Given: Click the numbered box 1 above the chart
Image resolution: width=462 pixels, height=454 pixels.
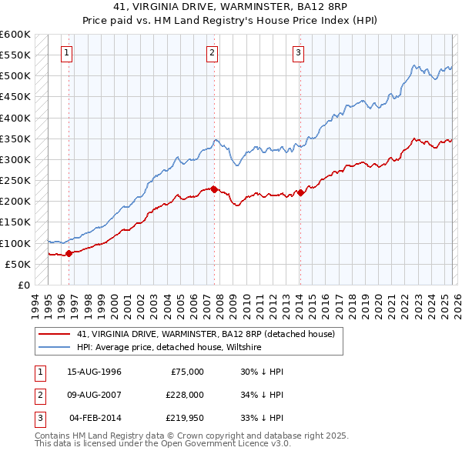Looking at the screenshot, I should coord(67,53).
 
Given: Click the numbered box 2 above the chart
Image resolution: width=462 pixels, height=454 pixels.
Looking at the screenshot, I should coord(212,53).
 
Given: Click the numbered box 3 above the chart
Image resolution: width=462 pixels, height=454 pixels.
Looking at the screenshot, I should coord(298,53).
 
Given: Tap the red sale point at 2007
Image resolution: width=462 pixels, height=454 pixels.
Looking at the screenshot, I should coord(214,189).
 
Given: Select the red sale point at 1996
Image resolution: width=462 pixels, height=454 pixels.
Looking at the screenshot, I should coord(69,252).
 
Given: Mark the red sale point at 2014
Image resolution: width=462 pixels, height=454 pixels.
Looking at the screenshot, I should coord(300,192).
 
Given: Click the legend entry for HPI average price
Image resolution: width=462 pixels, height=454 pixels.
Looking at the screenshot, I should coord(169,348).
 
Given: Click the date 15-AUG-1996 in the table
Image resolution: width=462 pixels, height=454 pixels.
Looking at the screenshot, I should coord(94,372).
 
